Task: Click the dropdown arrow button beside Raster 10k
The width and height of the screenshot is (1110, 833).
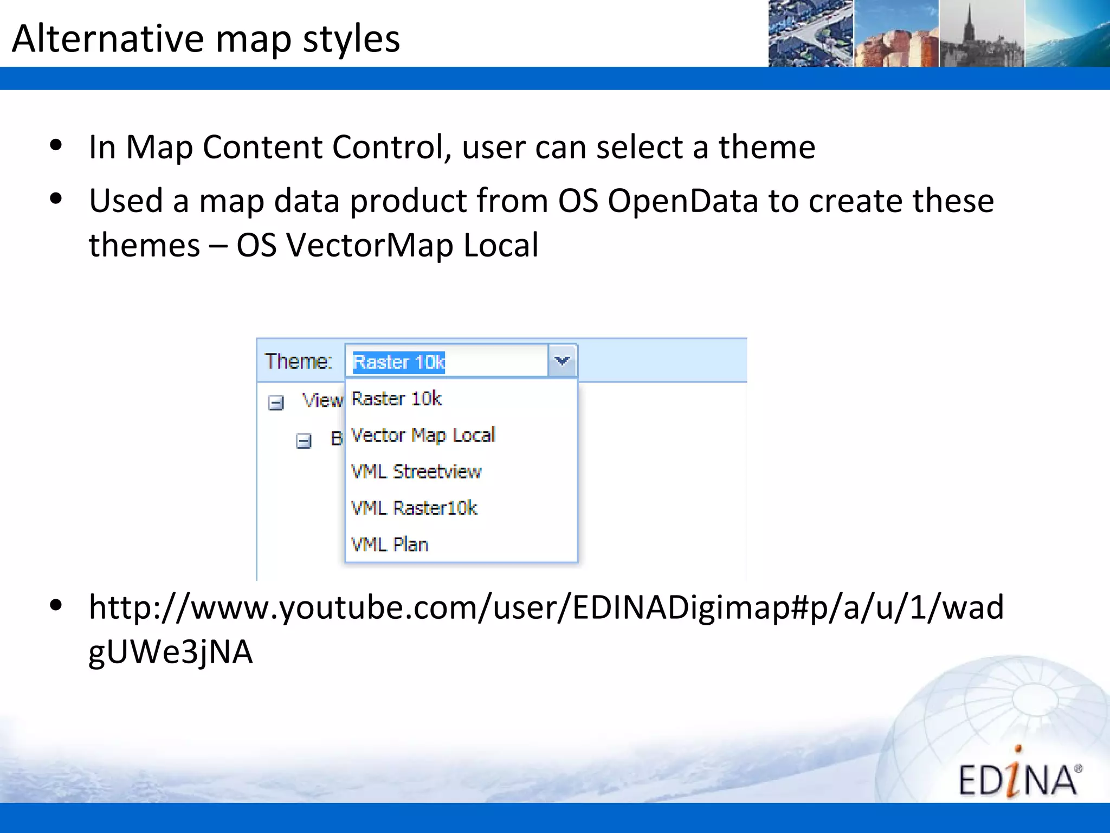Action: pyautogui.click(x=562, y=361)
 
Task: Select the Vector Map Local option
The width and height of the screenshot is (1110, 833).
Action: pyautogui.click(x=423, y=435)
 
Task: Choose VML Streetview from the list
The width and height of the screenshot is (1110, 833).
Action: pyautogui.click(x=416, y=471)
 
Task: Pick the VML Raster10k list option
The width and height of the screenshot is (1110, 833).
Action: pyautogui.click(x=414, y=508)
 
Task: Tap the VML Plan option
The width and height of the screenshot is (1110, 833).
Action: pyautogui.click(x=390, y=544)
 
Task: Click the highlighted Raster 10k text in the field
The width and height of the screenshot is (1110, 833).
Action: pyautogui.click(x=399, y=362)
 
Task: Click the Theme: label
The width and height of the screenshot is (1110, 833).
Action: pyautogui.click(x=298, y=361)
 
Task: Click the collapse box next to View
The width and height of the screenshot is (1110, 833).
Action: pyautogui.click(x=276, y=403)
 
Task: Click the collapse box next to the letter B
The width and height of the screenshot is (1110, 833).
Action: pyautogui.click(x=304, y=441)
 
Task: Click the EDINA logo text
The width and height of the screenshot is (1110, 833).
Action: pyautogui.click(x=1018, y=780)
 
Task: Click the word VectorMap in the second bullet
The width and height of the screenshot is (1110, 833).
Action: pyautogui.click(x=370, y=245)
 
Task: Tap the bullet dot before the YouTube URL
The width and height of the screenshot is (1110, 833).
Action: pyautogui.click(x=56, y=605)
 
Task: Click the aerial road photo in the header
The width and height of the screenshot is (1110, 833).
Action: pyautogui.click(x=810, y=34)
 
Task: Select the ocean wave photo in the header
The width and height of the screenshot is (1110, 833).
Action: pyautogui.click(x=1067, y=34)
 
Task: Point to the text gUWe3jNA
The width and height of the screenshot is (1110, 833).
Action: pyautogui.click(x=170, y=652)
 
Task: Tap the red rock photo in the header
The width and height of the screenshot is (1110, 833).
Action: pyautogui.click(x=896, y=34)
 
